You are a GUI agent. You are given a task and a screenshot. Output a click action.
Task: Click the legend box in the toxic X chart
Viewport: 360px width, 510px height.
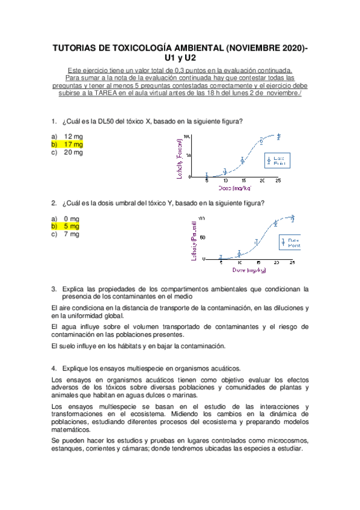(x=278, y=160)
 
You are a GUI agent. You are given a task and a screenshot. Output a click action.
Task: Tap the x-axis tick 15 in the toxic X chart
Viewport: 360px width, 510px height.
(x=243, y=181)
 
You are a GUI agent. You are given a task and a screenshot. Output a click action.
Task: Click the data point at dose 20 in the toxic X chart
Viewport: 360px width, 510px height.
(x=261, y=141)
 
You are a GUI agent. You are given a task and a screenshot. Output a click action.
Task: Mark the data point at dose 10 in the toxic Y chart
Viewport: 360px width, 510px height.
(x=239, y=253)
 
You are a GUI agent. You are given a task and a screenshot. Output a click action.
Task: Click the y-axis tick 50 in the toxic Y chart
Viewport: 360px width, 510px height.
(x=203, y=238)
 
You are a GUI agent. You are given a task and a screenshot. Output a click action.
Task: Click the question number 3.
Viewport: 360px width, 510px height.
(x=53, y=289)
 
